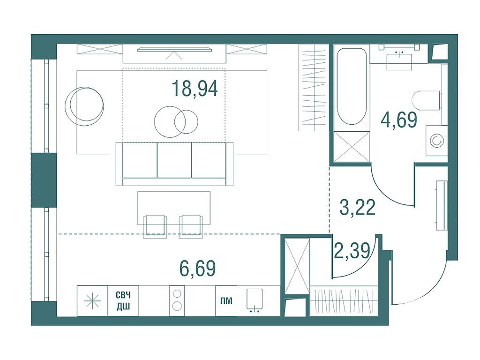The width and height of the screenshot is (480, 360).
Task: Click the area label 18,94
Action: [x=195, y=88]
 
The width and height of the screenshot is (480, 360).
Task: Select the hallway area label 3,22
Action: [x=358, y=208]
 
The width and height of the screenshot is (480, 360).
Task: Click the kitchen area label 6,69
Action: [x=197, y=268]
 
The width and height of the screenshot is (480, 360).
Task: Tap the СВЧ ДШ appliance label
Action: [x=123, y=300]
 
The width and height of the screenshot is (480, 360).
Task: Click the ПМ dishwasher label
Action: [x=226, y=301]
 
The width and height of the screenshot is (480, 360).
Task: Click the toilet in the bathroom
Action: [x=427, y=100]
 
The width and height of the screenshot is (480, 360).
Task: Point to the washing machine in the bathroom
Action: [x=436, y=141]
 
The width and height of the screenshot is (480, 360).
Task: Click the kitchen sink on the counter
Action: [x=255, y=300]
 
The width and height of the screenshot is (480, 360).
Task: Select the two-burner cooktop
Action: [x=177, y=300]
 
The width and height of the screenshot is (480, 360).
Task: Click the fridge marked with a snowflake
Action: [x=92, y=300]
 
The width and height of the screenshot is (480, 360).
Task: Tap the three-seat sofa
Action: [x=174, y=164]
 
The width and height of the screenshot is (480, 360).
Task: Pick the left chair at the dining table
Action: [x=155, y=226]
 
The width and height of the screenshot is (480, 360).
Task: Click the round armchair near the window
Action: [x=84, y=106]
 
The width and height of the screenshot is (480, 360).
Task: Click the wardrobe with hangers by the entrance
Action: [x=344, y=301]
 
